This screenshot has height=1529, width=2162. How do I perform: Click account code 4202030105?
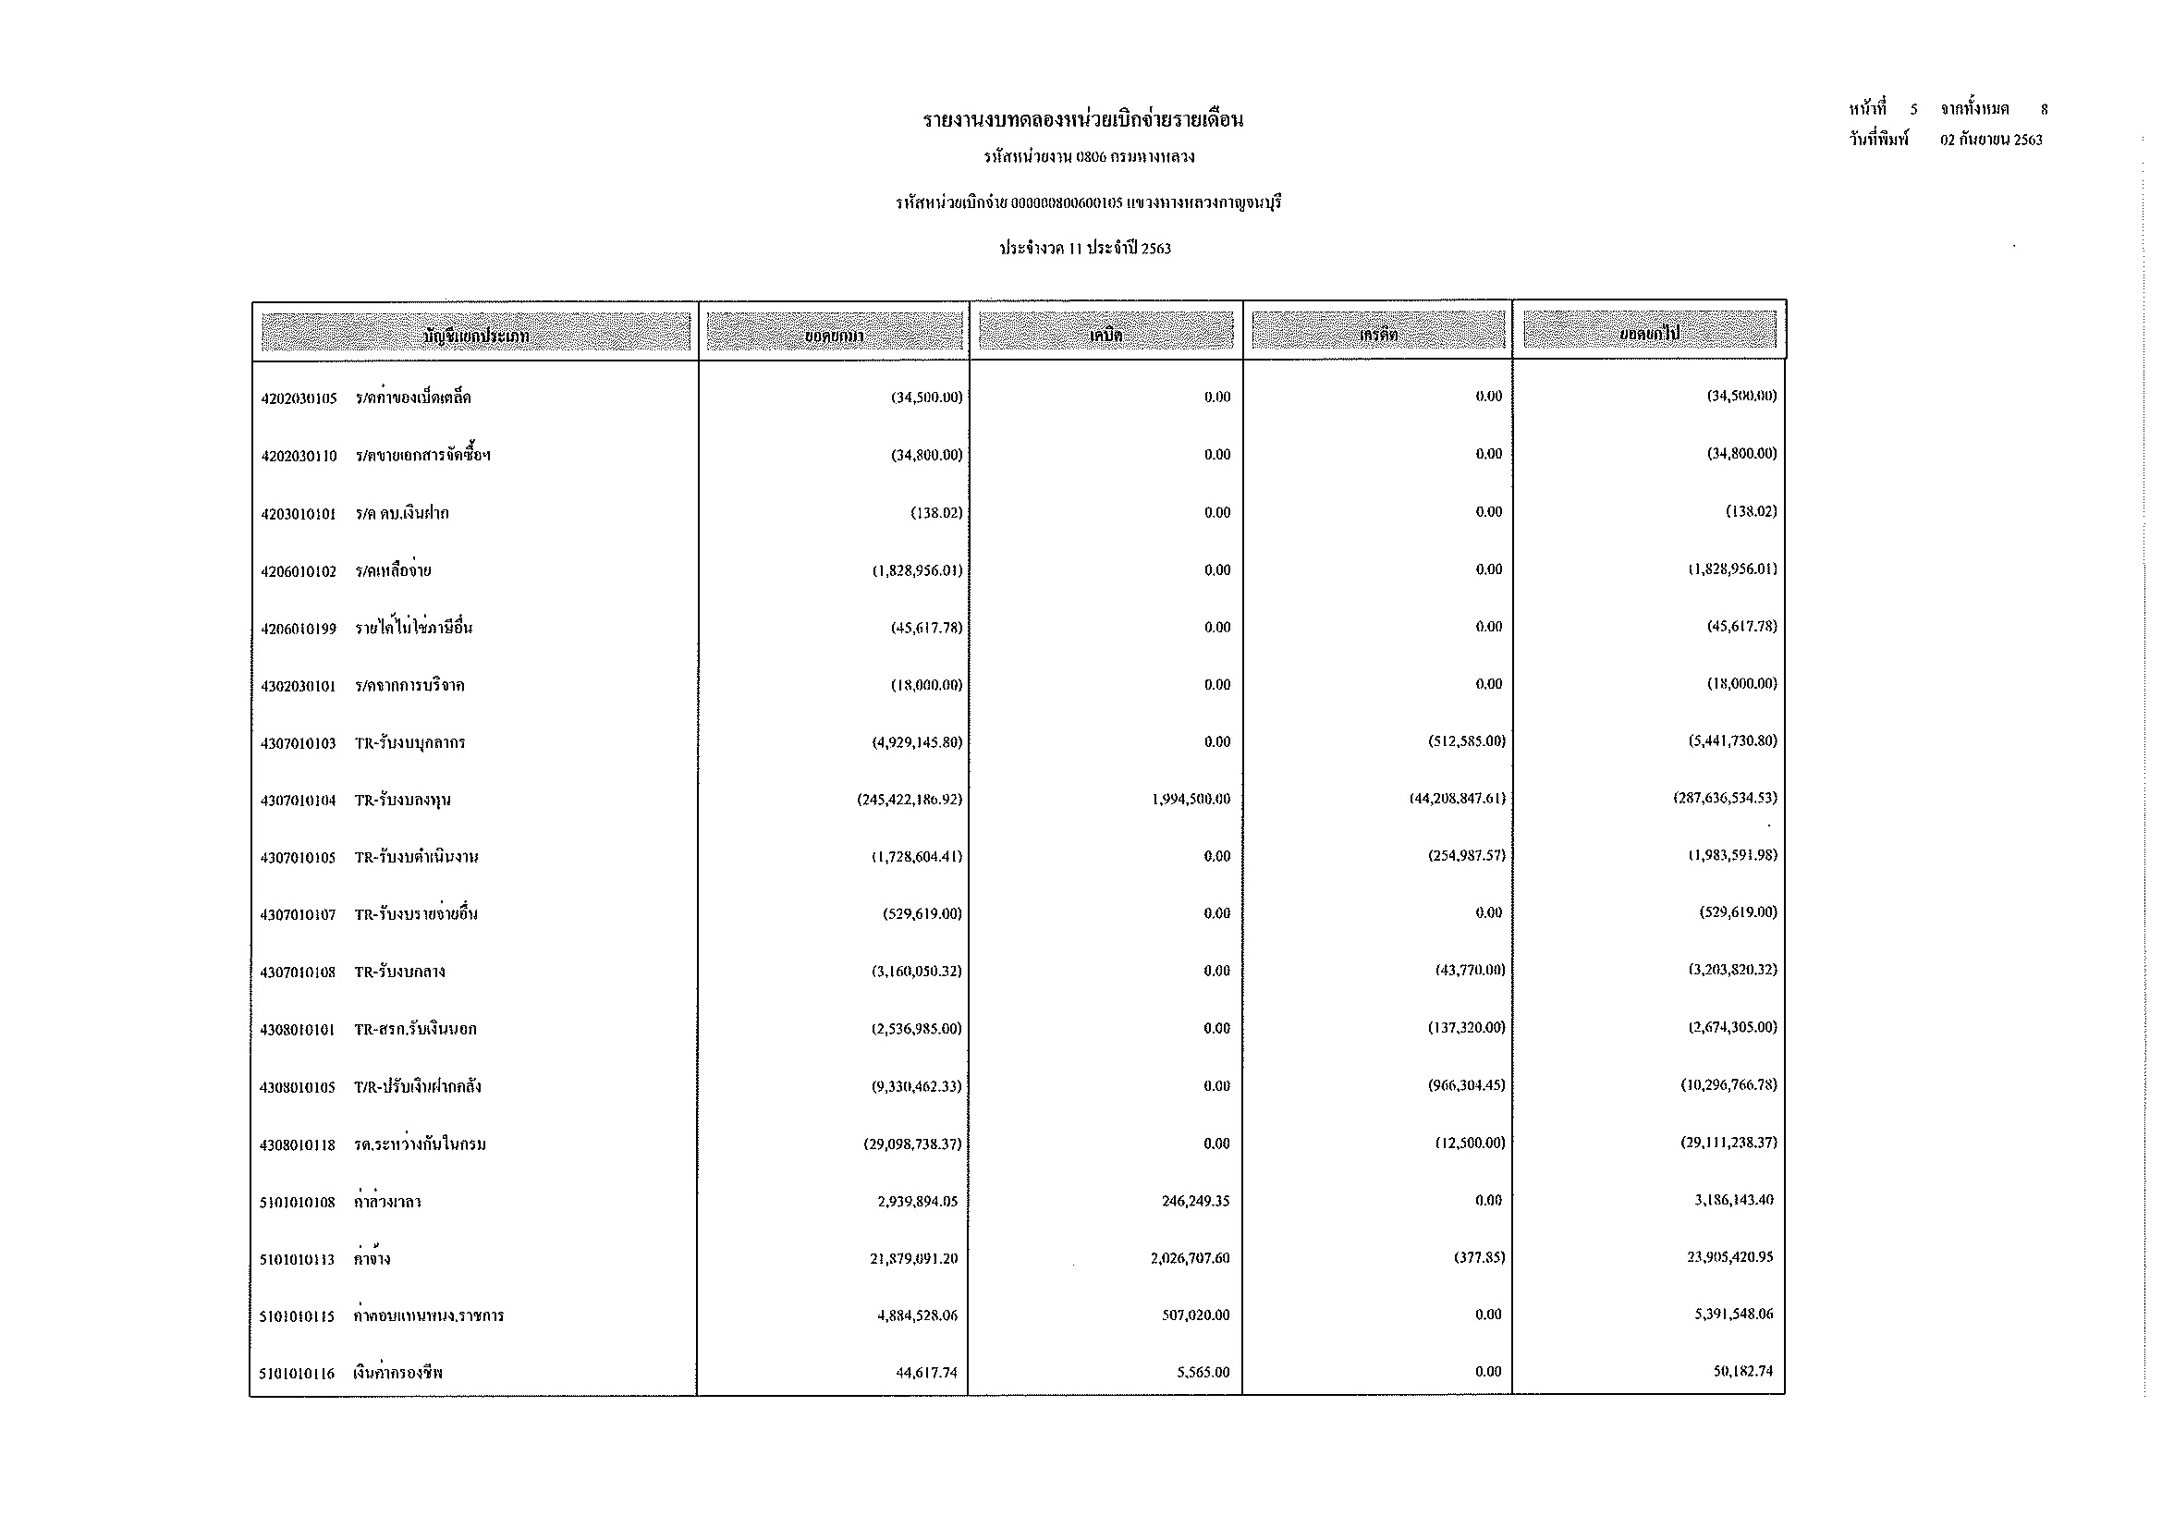click(x=299, y=398)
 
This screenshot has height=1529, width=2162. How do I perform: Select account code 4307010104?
click(x=298, y=801)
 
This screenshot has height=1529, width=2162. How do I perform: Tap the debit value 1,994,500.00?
click(x=1191, y=800)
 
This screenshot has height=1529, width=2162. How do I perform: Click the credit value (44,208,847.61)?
click(x=1457, y=799)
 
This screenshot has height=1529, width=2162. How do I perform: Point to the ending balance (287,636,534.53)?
click(x=1724, y=798)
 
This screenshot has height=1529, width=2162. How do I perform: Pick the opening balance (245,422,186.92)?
click(x=909, y=800)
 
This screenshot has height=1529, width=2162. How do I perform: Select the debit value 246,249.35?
click(x=1195, y=1201)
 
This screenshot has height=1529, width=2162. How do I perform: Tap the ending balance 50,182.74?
click(x=1742, y=1371)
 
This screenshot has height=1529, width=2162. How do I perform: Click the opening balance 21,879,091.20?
click(x=913, y=1258)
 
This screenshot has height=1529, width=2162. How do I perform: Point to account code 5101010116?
click(x=297, y=1374)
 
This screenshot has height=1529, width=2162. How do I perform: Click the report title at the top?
click(x=1083, y=120)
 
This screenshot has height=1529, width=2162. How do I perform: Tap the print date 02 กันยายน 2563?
click(x=1991, y=141)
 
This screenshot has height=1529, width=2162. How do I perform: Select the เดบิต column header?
click(x=1105, y=334)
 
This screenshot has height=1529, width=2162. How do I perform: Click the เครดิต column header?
click(x=1377, y=333)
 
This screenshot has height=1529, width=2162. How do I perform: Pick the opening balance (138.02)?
click(x=936, y=513)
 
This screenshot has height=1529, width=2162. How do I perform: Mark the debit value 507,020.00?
click(x=1195, y=1315)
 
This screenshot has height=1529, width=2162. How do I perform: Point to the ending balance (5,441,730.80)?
click(x=1731, y=741)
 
